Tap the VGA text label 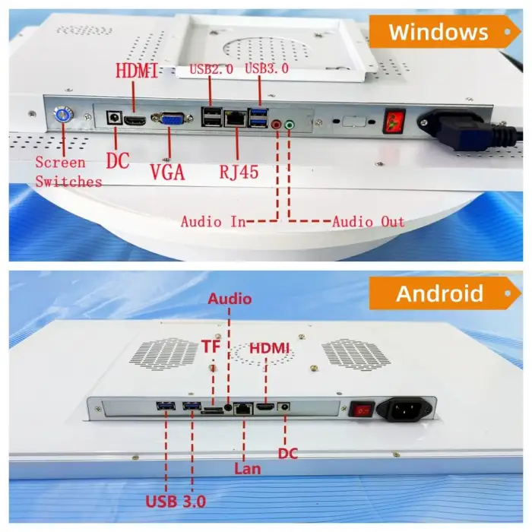tap(167, 172)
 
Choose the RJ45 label tap(237, 172)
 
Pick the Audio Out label tap(368, 222)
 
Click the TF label tap(210, 347)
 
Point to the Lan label tap(246, 468)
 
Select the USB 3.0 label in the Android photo tap(179, 501)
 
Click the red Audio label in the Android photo tap(230, 299)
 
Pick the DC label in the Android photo tap(287, 454)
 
